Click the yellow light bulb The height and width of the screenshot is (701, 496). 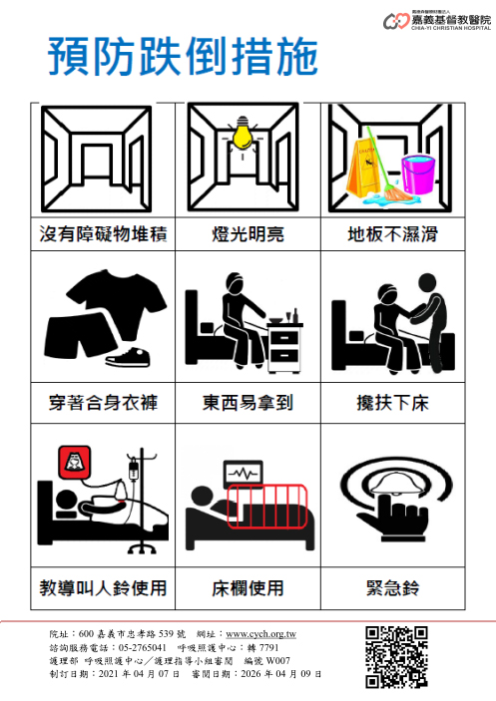click(242, 133)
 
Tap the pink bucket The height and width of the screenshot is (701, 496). click(418, 175)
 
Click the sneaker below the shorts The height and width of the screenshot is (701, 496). click(128, 357)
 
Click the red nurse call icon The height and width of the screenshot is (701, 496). click(74, 462)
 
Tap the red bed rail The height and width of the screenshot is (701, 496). click(267, 507)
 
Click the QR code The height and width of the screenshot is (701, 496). click(396, 657)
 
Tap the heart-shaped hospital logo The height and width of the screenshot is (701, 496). click(396, 21)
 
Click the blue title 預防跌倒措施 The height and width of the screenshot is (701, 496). click(183, 57)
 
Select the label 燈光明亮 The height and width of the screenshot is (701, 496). click(248, 234)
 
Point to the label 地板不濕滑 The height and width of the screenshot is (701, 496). click(392, 234)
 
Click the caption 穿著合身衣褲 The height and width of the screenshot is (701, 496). click(104, 403)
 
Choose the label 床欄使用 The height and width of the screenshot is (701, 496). click(248, 588)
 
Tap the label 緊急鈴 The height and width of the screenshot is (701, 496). click(392, 588)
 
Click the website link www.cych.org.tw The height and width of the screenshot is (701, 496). click(260, 634)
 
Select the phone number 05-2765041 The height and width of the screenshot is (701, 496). click(143, 647)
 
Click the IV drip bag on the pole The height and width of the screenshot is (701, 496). click(133, 471)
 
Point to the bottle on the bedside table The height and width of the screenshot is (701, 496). click(295, 315)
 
